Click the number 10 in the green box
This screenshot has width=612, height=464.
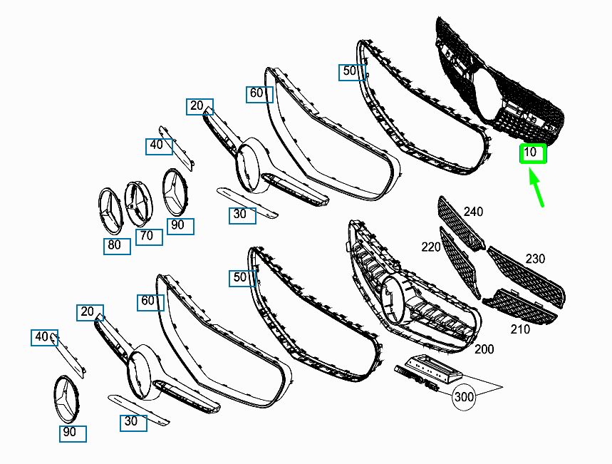pos(530,152)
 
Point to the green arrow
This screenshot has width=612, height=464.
pos(536,187)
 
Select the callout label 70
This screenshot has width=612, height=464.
pos(147,235)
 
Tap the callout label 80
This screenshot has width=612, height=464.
pos(115,245)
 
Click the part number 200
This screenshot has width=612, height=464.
pos(484,349)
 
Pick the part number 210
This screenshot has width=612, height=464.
pos(520,329)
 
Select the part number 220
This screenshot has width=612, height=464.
pos(431,247)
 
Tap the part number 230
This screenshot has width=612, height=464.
pos(535,259)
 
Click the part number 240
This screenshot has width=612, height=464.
pos(474,212)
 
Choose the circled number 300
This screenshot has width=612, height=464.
pos(464,397)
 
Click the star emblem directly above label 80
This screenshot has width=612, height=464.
pos(110,211)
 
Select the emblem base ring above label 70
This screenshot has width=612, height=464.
pos(138,204)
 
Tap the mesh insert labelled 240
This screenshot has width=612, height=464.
pos(461,223)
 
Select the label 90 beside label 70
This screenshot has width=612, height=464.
pos(177,225)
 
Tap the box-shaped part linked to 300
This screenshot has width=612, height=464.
pos(434,368)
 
